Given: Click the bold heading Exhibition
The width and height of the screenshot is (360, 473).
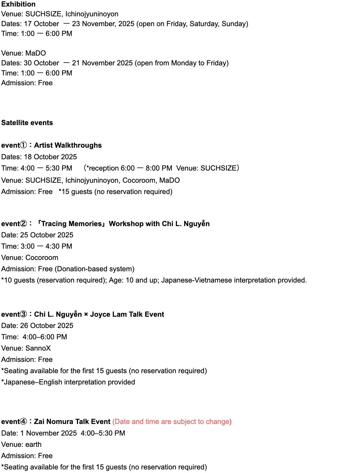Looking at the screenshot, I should click(x=18, y=4).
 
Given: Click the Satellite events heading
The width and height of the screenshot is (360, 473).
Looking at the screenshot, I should click(x=27, y=123).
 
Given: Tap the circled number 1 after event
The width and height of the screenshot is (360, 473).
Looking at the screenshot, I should click(x=23, y=145).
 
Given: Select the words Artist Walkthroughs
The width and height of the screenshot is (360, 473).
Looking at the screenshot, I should click(x=68, y=145).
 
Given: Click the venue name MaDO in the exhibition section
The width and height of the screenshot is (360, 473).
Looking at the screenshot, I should click(x=36, y=53).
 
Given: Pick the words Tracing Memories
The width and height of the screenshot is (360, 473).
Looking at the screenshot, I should click(x=71, y=224).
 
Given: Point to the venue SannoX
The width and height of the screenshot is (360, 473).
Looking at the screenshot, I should click(x=38, y=348).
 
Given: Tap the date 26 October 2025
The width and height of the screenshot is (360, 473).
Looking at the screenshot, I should click(x=47, y=326).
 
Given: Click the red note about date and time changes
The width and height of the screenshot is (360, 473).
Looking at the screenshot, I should click(x=172, y=422).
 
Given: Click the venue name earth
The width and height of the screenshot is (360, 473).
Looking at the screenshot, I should click(x=33, y=444).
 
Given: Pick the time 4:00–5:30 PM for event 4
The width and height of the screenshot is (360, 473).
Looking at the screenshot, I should click(x=103, y=433).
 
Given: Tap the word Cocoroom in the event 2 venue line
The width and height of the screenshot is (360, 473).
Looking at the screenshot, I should click(x=42, y=258).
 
